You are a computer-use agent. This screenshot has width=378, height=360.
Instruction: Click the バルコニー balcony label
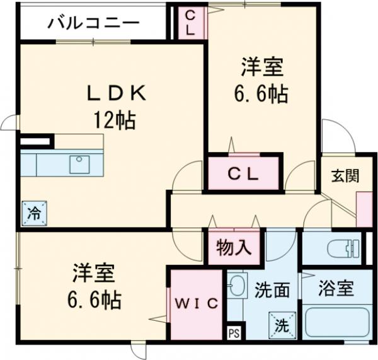[93, 24]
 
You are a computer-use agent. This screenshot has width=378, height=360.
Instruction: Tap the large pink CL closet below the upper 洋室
[243, 173]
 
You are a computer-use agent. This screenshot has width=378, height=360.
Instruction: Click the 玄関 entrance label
[346, 175]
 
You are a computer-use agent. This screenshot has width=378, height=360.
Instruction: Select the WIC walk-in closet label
[197, 303]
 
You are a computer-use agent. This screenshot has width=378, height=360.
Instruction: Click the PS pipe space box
[233, 332]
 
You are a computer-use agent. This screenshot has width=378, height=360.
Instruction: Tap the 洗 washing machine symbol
[280, 324]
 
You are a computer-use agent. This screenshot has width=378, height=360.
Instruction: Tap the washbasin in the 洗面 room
[237, 287]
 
